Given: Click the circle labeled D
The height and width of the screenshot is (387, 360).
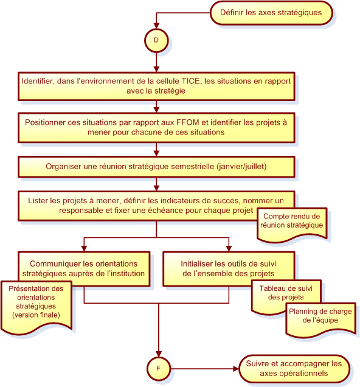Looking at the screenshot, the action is (156, 41).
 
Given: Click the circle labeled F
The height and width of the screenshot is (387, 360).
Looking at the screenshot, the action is (159, 369).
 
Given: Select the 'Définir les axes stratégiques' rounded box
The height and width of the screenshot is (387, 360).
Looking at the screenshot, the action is (271, 13).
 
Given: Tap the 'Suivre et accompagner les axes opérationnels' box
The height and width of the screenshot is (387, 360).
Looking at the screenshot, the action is (294, 369).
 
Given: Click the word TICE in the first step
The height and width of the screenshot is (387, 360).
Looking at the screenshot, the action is (190, 81).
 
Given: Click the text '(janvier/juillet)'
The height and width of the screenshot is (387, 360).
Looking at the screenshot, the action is (241, 167).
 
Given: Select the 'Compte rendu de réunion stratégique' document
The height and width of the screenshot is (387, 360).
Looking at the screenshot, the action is (292, 225).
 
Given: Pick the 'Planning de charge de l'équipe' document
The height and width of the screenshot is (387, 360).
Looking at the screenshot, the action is (320, 319).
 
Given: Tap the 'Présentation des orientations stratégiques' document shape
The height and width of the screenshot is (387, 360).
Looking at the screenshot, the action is (36, 306).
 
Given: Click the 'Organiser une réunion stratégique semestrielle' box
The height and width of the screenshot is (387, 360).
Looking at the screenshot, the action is (156, 167).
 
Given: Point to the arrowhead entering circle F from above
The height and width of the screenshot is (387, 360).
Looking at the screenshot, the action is (159, 354).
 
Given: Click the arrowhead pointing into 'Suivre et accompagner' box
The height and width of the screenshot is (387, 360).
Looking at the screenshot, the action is (236, 369).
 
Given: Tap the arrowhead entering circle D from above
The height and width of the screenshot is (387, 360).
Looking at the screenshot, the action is (156, 26).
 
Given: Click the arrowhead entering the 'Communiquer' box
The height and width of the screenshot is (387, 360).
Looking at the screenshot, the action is (84, 249).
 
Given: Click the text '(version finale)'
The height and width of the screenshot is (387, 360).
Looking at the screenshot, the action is (36, 315).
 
